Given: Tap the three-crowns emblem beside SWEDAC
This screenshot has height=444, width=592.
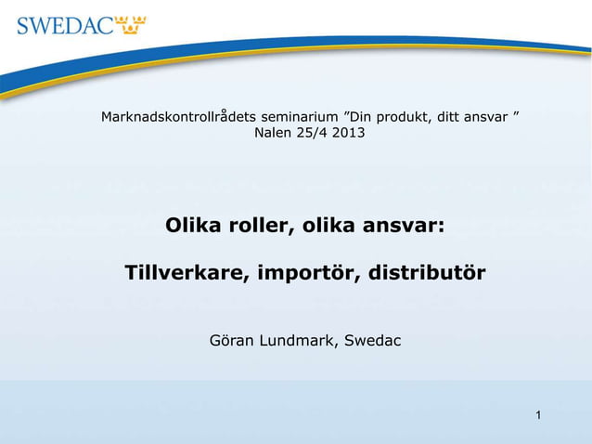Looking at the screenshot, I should [131, 23].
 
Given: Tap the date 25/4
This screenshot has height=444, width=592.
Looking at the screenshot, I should [312, 134].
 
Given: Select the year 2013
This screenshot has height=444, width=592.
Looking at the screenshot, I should [348, 134].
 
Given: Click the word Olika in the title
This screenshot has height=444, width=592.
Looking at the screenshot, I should [192, 226].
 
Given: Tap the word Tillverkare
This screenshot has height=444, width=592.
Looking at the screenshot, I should [185, 275].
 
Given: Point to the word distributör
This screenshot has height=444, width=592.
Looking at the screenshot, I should [427, 275].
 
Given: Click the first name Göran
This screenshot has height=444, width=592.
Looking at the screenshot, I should [228, 341].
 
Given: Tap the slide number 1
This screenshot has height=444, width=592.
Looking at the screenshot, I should [537, 412].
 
